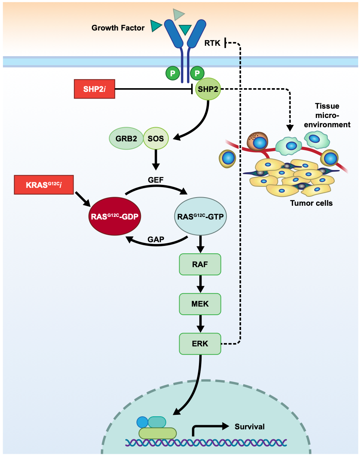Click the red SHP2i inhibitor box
click(x=94, y=89)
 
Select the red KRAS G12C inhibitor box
click(x=43, y=185)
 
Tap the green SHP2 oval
click(x=208, y=89)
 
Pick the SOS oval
click(x=156, y=138)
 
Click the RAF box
click(x=200, y=265)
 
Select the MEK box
click(x=200, y=304)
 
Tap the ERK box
click(x=200, y=344)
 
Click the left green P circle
click(x=173, y=73)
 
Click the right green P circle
click(x=197, y=73)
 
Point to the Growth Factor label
click(x=118, y=28)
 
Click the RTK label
click(x=212, y=43)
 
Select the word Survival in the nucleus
click(x=250, y=426)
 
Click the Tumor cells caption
click(x=311, y=203)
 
